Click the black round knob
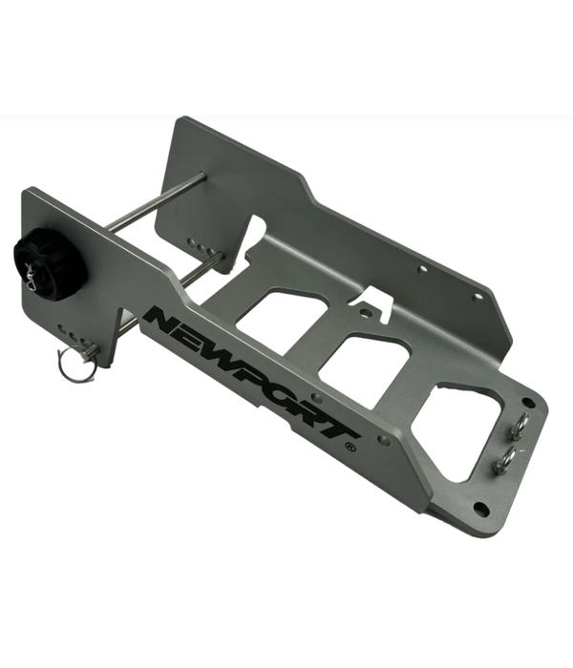[48, 263]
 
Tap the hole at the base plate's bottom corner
[480, 508]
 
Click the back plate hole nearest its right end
[478, 297]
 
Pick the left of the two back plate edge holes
[422, 270]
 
